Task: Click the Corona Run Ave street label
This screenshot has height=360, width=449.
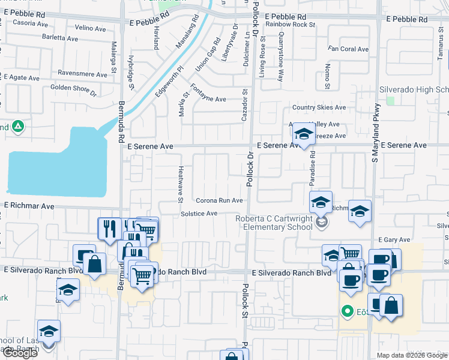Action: click(218, 200)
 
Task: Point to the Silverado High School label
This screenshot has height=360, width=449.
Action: click(414, 89)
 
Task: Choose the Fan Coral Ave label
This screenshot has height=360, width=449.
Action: click(348, 49)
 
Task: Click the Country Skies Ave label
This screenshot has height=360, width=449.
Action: click(319, 107)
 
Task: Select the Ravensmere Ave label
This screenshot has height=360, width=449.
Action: click(82, 73)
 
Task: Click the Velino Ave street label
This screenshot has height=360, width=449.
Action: click(90, 28)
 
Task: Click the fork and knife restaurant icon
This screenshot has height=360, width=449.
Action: click(109, 228)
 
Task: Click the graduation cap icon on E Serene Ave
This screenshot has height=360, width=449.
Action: click(304, 135)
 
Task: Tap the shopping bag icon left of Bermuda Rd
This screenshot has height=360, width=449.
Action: click(95, 263)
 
